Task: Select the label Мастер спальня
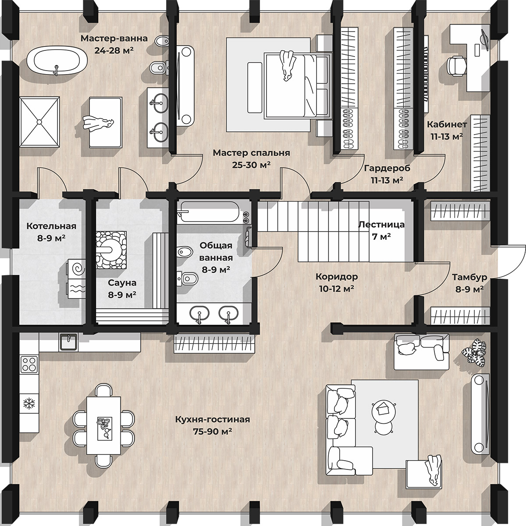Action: click(252, 153)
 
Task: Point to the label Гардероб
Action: click(387, 168)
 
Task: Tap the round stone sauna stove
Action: click(111, 250)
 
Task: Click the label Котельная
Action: click(51, 226)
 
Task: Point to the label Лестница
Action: click(381, 225)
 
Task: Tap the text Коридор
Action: click(337, 277)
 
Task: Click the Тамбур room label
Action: click(469, 277)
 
